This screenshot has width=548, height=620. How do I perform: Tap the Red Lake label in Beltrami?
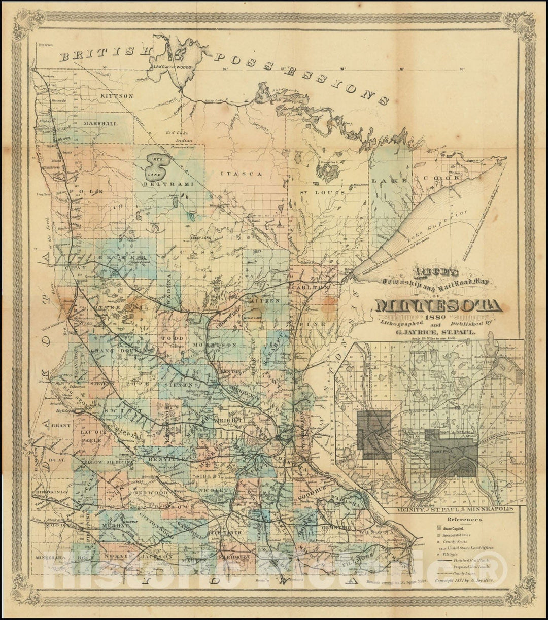click(x=152, y=166)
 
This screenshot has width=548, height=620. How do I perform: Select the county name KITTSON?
click(x=116, y=95)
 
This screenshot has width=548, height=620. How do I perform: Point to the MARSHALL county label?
click(x=101, y=123)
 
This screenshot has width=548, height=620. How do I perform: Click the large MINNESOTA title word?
click(x=439, y=306)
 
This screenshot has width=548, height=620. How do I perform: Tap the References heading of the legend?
click(x=465, y=520)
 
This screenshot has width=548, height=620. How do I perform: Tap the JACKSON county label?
click(x=154, y=557)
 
